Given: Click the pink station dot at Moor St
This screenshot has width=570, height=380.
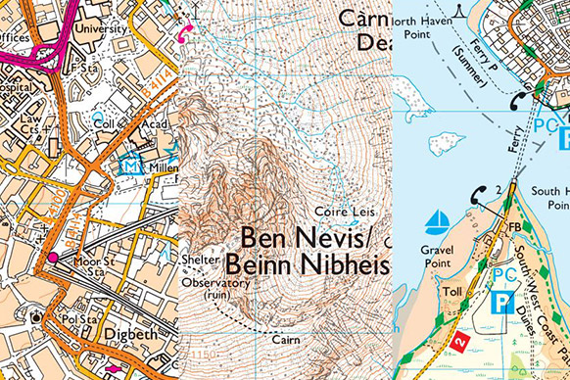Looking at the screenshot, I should point(53,258).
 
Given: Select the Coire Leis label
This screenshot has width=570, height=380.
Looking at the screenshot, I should point(341,211).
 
